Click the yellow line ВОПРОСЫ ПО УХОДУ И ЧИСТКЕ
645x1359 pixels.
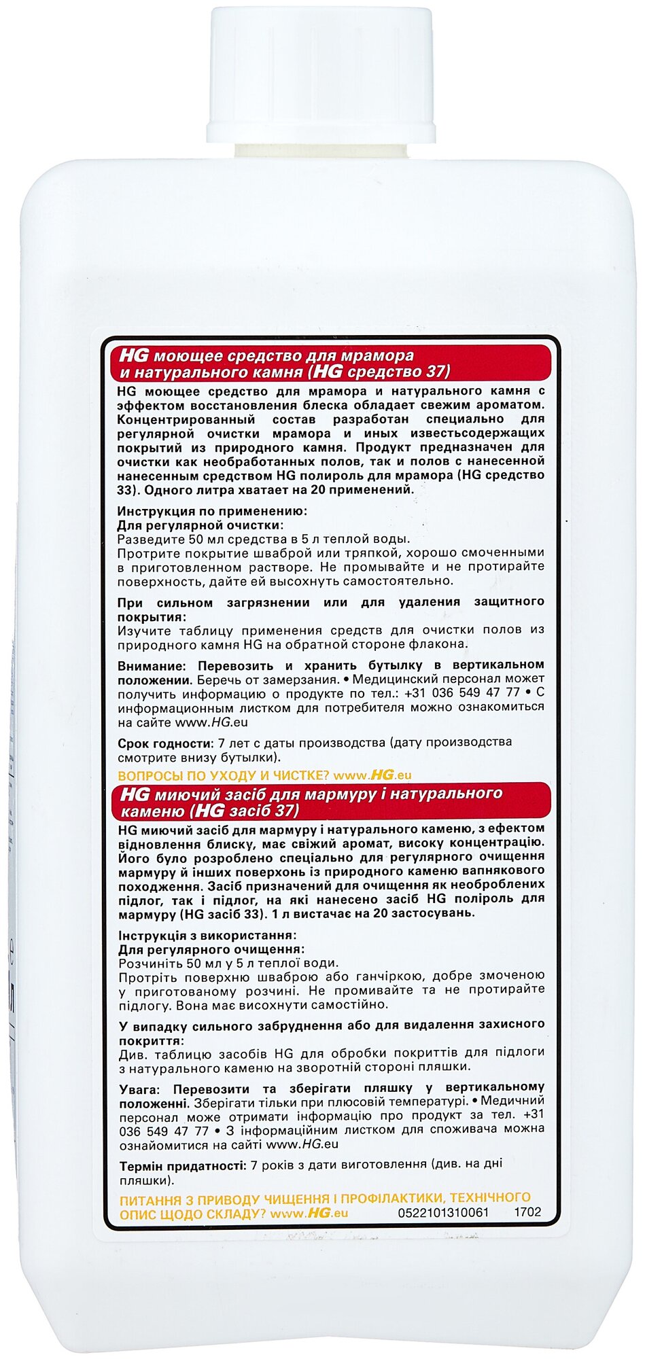222,775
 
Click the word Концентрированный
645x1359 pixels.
178,419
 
